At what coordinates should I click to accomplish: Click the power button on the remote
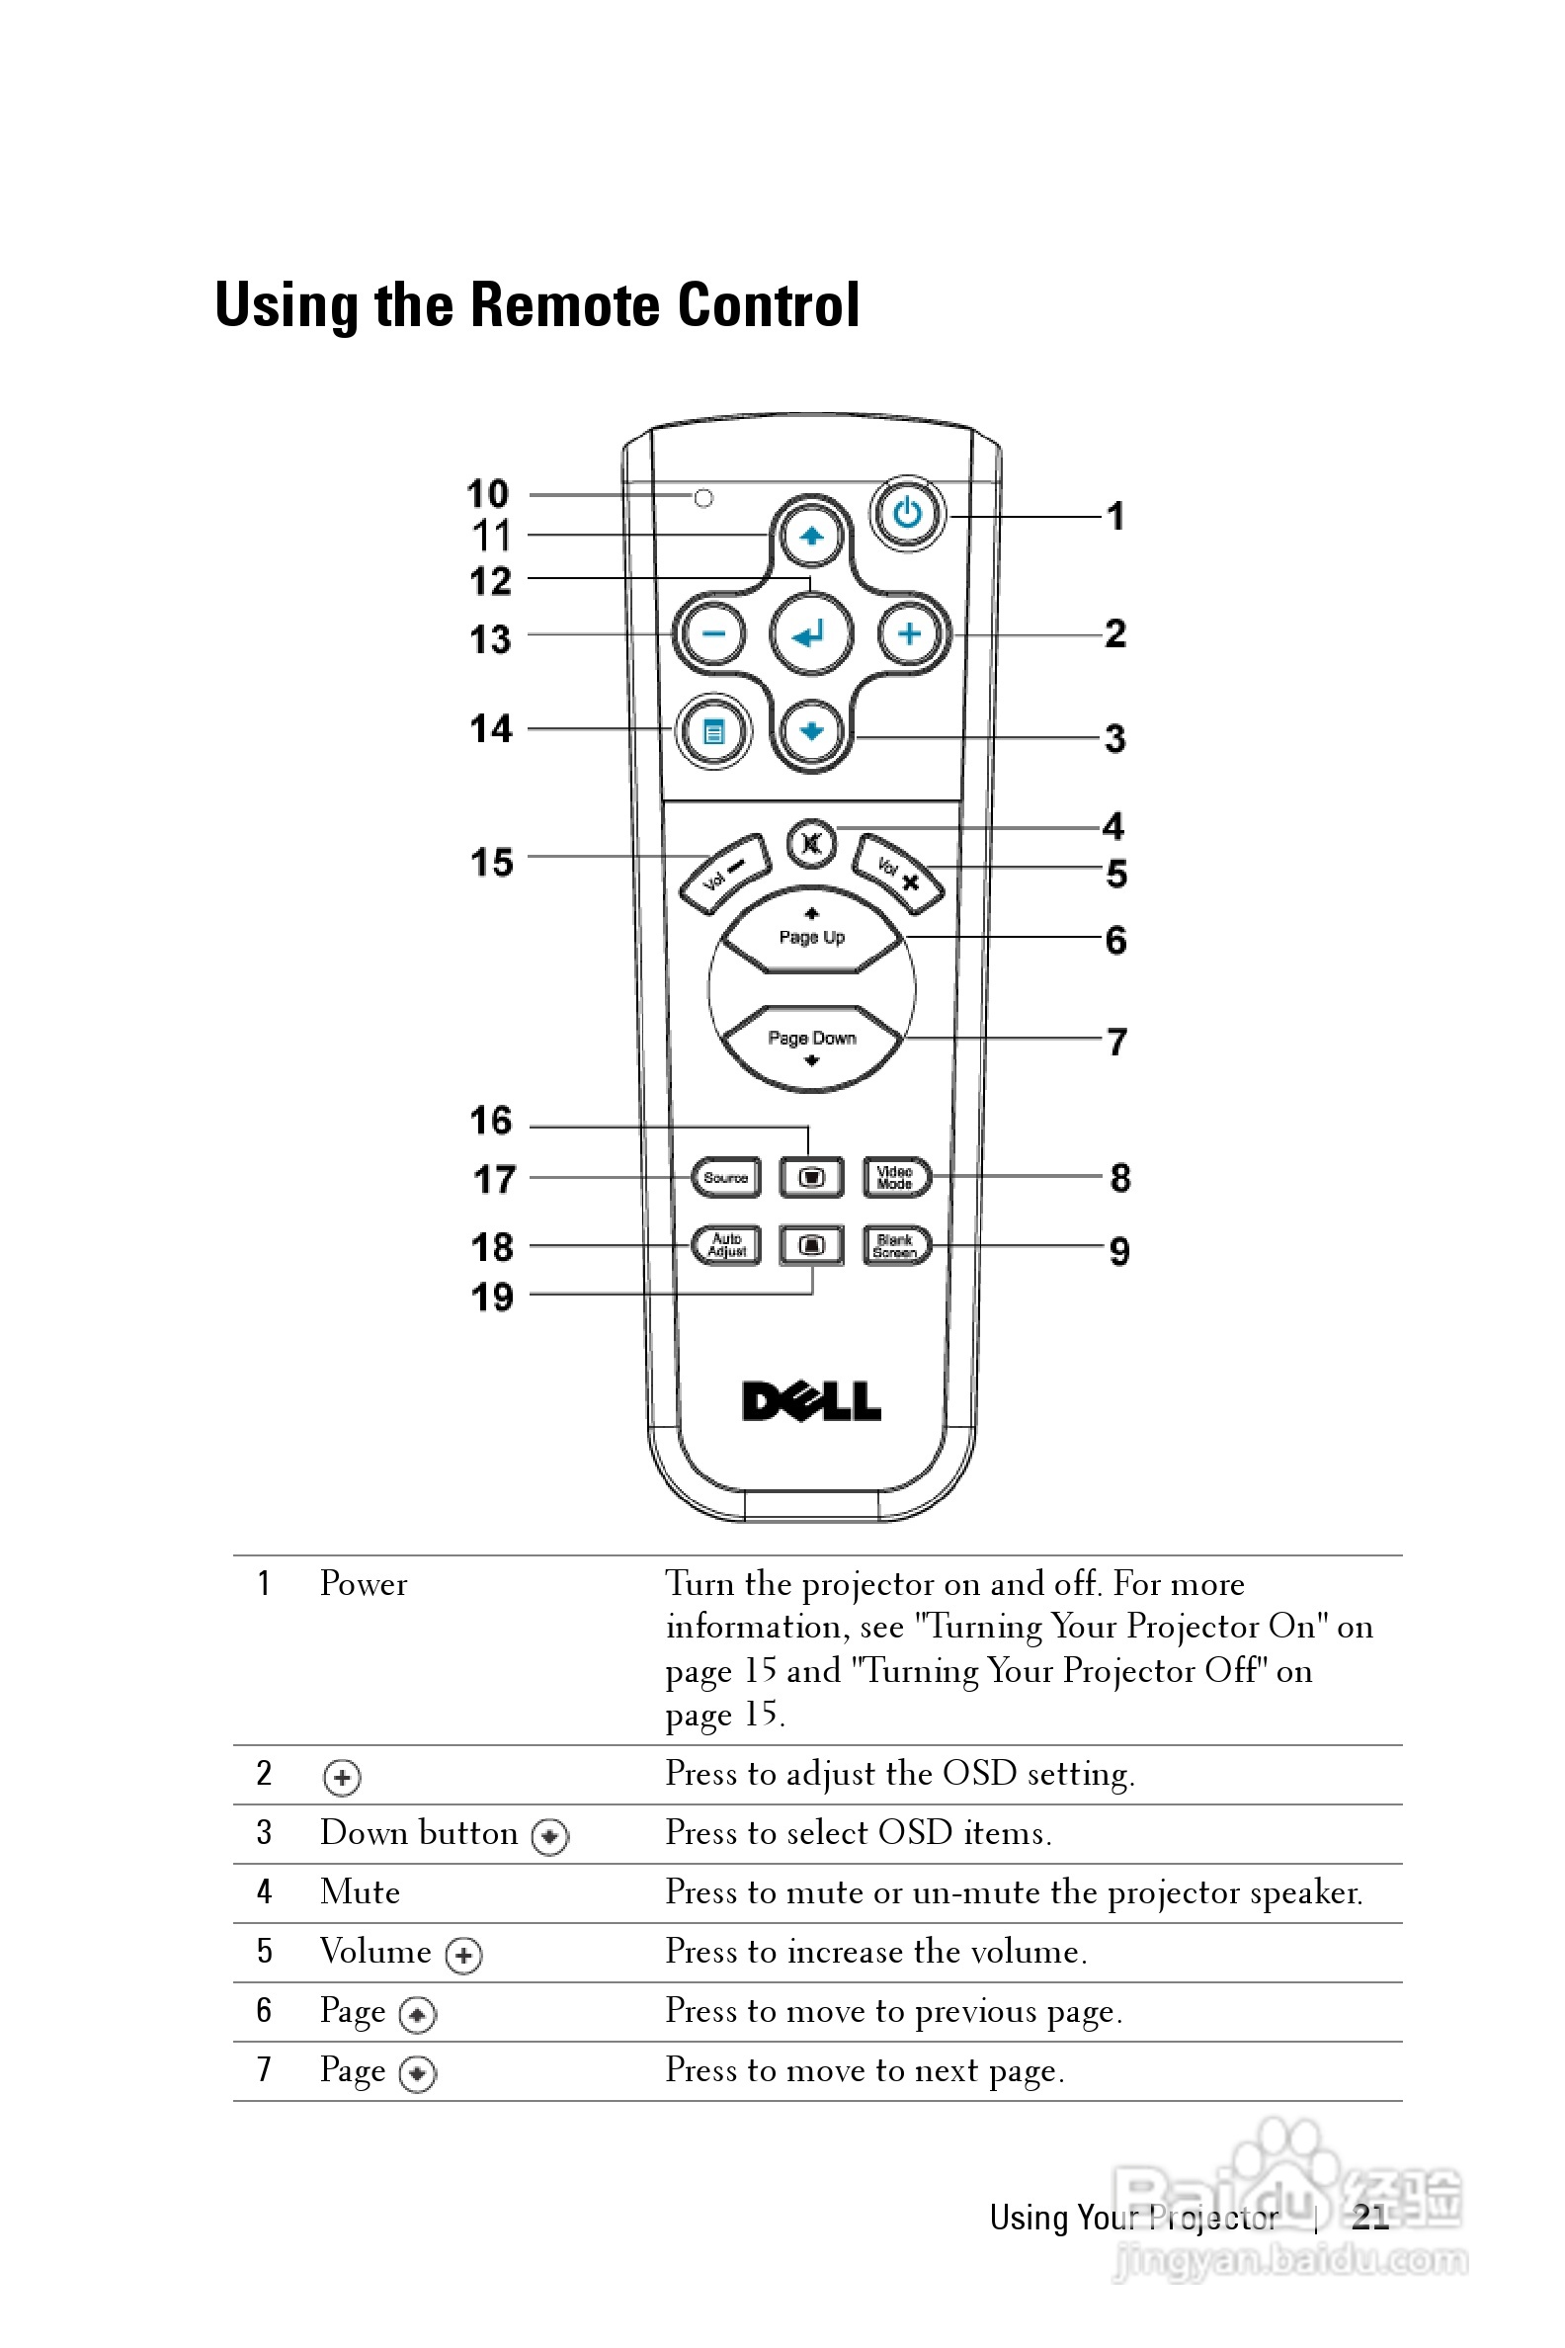906,514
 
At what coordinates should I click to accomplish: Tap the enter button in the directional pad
810,633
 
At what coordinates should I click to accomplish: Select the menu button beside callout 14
712,732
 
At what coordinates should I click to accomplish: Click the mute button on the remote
810,845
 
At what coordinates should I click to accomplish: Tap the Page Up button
811,936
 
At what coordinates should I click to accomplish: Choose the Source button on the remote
725,1177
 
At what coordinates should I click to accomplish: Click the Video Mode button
895,1177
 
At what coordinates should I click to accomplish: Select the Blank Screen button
895,1246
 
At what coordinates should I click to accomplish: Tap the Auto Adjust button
725,1246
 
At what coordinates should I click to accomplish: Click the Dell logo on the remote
810,1401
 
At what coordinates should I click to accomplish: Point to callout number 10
488,493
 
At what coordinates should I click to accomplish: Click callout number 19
492,1297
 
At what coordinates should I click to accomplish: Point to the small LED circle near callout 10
703,498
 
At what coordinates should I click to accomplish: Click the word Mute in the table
360,1891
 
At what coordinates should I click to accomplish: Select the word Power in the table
364,1584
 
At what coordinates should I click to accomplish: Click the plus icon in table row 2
342,1777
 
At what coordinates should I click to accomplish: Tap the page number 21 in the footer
1370,2218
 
